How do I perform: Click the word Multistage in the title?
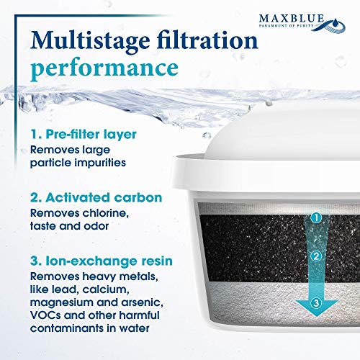click(90, 42)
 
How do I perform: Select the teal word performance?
click(104, 68)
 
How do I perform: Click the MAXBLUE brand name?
click(292, 18)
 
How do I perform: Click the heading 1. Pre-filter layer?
click(84, 135)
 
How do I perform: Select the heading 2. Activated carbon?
click(96, 197)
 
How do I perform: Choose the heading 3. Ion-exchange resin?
click(102, 261)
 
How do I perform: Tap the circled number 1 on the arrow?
click(316, 218)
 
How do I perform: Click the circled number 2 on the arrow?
click(316, 256)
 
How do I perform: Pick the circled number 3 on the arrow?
click(316, 303)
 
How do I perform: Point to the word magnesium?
click(61, 302)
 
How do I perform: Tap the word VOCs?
click(45, 315)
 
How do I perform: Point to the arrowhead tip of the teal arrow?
click(317, 316)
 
